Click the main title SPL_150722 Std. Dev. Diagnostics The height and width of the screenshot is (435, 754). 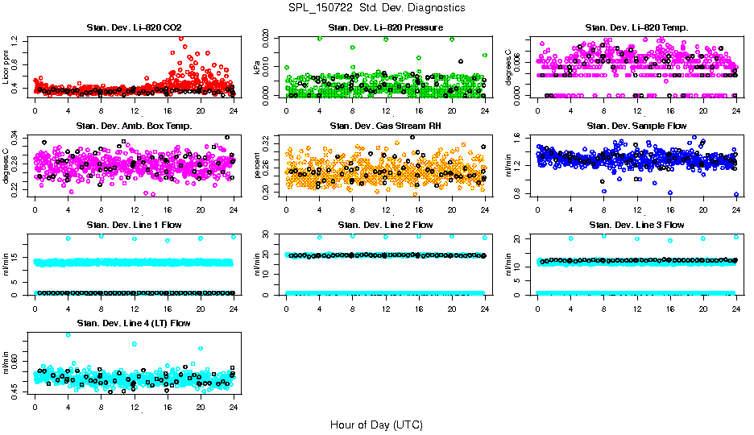click(376, 7)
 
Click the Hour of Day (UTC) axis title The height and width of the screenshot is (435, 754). click(376, 424)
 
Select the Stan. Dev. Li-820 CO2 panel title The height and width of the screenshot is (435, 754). click(134, 28)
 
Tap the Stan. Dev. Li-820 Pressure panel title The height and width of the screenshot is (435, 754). click(386, 28)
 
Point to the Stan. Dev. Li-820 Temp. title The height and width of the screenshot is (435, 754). click(636, 28)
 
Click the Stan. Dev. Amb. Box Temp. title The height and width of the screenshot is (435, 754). click(134, 126)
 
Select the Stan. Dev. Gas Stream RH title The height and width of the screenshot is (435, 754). click(386, 126)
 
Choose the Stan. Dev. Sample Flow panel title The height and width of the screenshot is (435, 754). click(636, 126)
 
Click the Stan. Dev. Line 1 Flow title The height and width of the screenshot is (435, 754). click(134, 225)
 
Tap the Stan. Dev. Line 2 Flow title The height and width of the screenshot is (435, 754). click(386, 225)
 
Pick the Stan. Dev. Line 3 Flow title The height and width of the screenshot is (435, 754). click(636, 225)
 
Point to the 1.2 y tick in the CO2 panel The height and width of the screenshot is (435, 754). click(17, 39)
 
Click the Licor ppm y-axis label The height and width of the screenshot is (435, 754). click(6, 67)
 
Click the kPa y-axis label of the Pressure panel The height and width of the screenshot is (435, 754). click(258, 68)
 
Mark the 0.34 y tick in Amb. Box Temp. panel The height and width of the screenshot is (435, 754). click(17, 136)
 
